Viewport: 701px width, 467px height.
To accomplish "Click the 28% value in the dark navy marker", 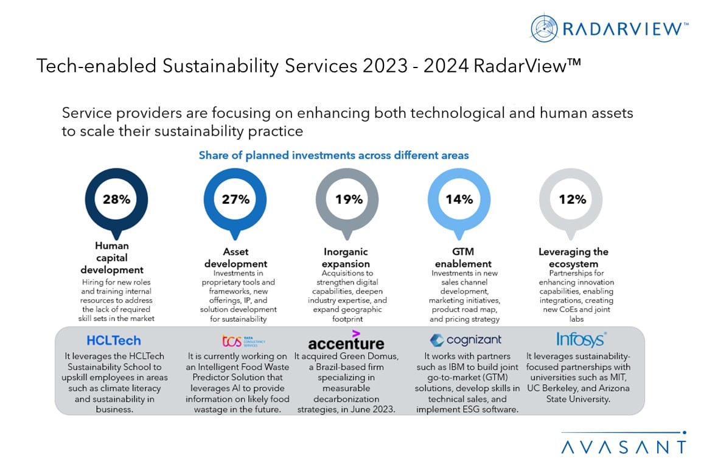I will point(116,199).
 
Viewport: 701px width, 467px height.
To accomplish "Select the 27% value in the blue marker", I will point(235,199).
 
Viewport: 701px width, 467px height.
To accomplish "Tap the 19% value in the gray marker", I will point(349,199).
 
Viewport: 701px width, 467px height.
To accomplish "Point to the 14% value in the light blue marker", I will point(459,199).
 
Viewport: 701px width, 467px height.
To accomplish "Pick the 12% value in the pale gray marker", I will point(572,199).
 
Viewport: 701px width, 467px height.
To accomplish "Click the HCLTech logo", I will point(114,341).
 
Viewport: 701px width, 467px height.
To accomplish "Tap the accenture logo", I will point(346,342).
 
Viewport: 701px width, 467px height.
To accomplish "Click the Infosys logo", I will point(581,339).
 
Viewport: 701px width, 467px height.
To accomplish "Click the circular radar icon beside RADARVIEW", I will point(544,28).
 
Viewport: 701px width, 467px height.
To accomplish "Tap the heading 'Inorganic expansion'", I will point(346,258).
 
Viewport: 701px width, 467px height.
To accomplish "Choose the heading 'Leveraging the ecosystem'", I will point(573,258).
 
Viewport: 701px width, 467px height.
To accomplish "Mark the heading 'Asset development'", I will point(235,258).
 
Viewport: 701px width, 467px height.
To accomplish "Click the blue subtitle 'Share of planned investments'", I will point(333,155).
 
